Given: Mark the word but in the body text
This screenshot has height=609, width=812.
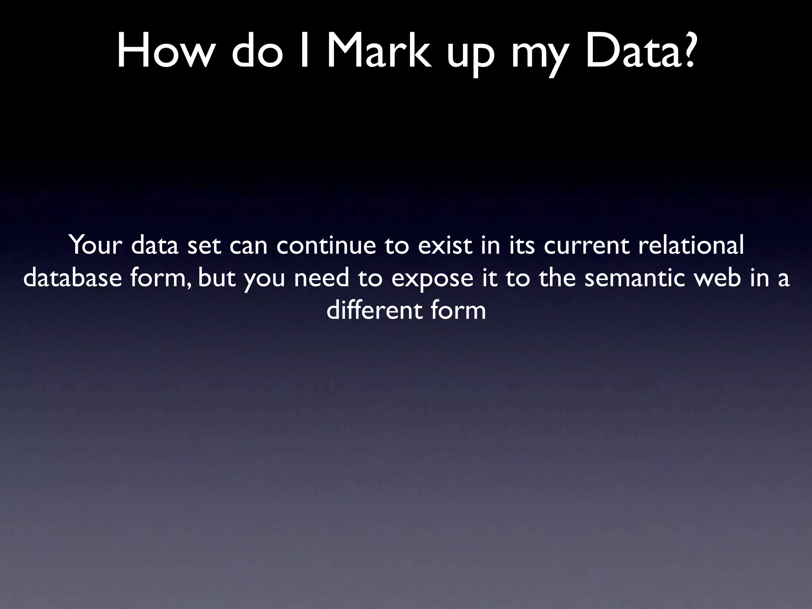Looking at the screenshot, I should point(216,278).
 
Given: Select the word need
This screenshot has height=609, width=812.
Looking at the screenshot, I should point(322,278).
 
